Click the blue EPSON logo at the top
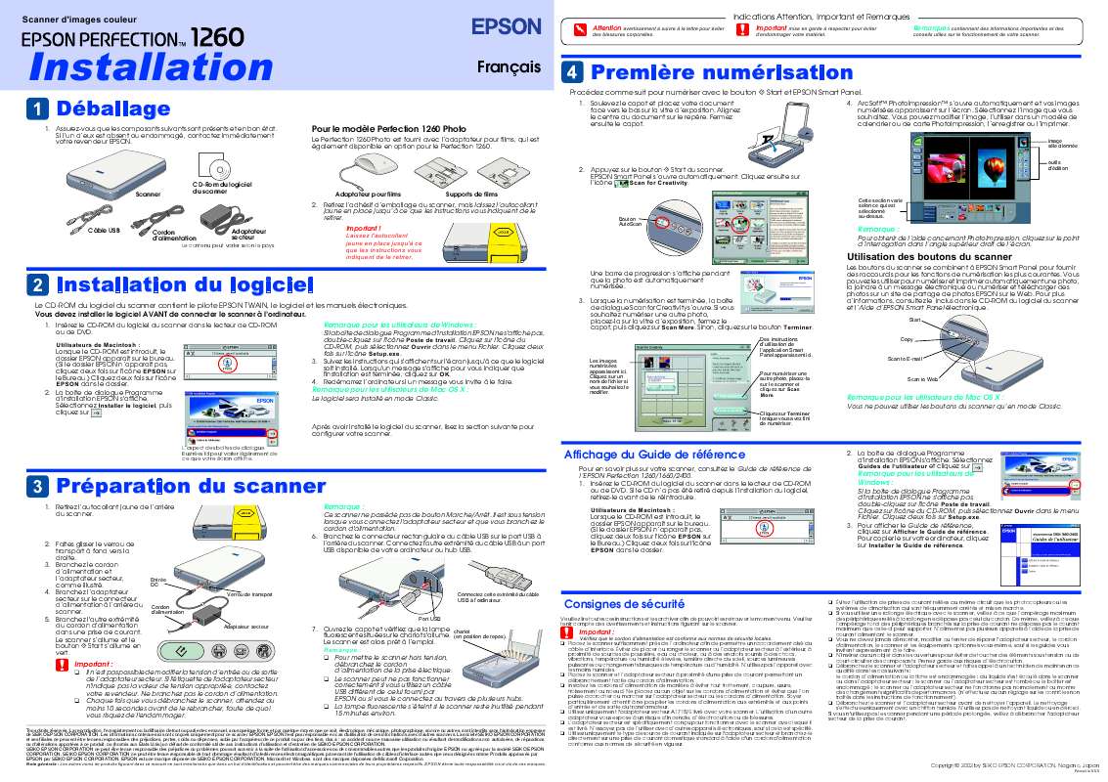508,25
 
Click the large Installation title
148,66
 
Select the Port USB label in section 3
428,618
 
